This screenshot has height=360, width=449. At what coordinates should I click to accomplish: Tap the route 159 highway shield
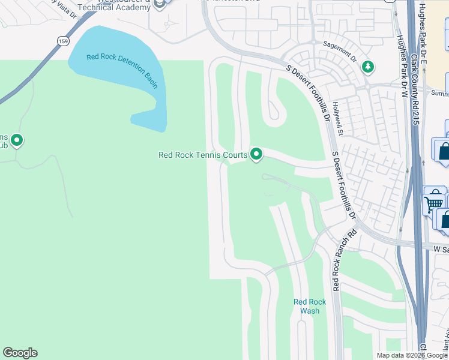pos(64,41)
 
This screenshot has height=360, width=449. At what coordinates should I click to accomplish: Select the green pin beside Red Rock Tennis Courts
pos(257,155)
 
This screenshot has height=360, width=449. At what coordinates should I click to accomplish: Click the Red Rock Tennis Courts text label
pos(203,155)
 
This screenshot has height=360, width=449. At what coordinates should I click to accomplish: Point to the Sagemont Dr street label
pos(340,52)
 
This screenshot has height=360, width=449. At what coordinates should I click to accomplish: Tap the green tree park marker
pos(368,67)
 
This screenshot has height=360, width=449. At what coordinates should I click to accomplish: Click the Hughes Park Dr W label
pos(401,66)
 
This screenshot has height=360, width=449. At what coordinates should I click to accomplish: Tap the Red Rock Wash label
pos(310,306)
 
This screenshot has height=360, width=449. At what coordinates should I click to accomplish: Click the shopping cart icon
pos(433,201)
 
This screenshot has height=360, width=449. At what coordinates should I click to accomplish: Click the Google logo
pos(20,353)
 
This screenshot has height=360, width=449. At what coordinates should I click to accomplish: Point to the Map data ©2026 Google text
pos(412,355)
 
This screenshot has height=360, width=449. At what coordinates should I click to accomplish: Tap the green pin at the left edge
pos(17,140)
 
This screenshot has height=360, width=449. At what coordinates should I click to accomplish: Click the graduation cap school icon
pos(159,4)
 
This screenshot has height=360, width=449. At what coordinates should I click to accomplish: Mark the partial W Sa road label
pos(441,248)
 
